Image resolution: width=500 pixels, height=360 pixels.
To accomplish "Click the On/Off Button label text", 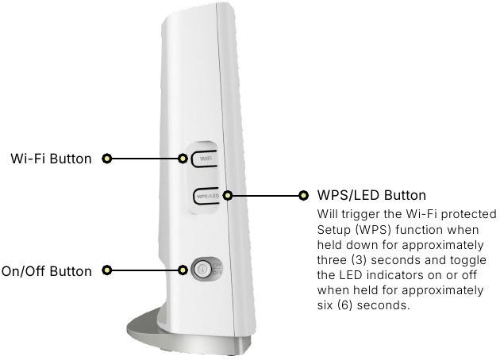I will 46,271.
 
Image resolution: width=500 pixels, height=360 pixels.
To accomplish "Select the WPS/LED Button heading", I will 371,195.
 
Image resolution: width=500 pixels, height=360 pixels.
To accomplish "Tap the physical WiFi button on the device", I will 206,159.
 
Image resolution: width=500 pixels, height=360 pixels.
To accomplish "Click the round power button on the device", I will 202,269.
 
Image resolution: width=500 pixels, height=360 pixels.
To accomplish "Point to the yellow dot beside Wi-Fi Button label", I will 107,159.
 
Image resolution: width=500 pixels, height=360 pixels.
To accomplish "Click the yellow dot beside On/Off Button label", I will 107,271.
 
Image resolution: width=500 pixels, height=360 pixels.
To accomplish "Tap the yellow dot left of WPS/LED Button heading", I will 302,195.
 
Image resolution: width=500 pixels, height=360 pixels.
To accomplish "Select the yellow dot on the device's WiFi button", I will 183,159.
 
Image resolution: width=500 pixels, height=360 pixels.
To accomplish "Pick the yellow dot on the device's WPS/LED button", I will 228,195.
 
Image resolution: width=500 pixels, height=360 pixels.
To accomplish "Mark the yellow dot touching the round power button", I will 183,271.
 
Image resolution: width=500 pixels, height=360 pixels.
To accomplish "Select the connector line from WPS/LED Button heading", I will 265,195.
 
